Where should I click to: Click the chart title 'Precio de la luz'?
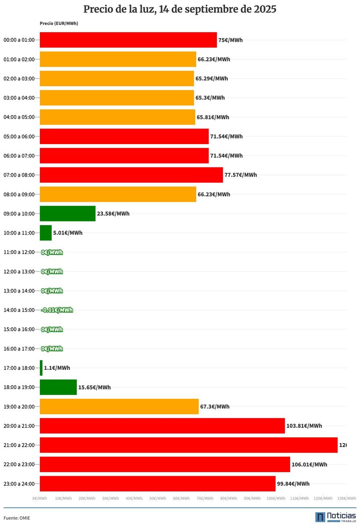(x=180, y=9)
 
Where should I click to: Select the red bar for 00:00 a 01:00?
(x=128, y=40)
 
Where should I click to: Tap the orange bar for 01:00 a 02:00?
(x=118, y=59)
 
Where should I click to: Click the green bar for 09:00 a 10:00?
(x=68, y=213)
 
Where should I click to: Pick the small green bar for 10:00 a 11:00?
(x=46, y=233)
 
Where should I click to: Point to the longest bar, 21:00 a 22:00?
(x=189, y=445)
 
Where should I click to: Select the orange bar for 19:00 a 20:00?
(x=119, y=406)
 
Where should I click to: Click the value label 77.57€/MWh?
(x=241, y=175)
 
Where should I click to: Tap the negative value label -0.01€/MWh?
(x=57, y=310)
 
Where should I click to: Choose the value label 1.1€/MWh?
(x=57, y=368)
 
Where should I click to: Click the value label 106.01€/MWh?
(x=309, y=464)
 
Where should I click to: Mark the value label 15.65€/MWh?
(x=94, y=387)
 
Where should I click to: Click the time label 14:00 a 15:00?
(x=19, y=310)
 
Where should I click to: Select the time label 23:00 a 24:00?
(x=19, y=484)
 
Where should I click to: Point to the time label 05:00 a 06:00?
(x=19, y=137)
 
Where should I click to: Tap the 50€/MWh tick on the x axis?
(x=158, y=498)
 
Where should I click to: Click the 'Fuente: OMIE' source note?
(x=17, y=518)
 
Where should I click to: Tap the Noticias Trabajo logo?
(x=335, y=517)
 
